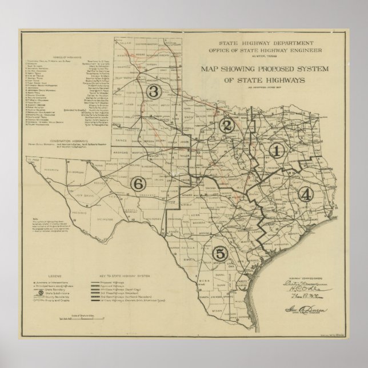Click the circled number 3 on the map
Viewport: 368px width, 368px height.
click(x=153, y=91)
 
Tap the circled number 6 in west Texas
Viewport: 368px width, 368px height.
click(x=137, y=183)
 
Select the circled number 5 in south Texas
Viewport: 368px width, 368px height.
click(x=219, y=253)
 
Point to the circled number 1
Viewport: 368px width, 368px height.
click(x=277, y=151)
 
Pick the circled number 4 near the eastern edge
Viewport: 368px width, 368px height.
click(x=306, y=194)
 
